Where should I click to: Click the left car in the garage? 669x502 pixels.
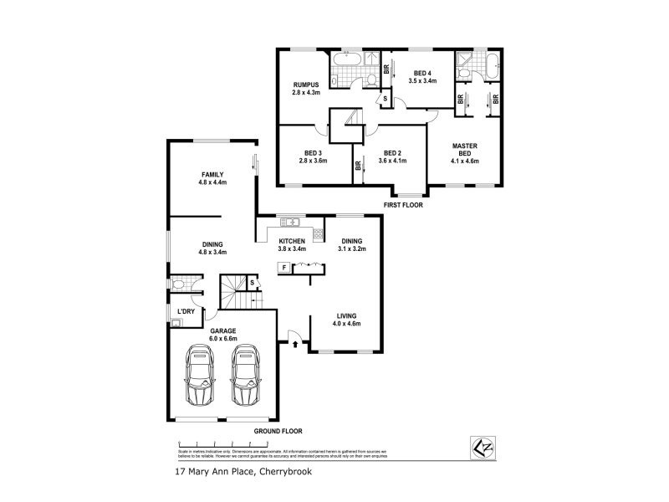pyautogui.click(x=201, y=375)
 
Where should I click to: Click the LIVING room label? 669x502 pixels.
pyautogui.click(x=346, y=319)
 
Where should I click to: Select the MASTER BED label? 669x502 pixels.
pyautogui.click(x=464, y=150)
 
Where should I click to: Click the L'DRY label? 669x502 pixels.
pyautogui.click(x=186, y=313)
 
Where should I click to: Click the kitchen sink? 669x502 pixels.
pyautogui.click(x=290, y=222)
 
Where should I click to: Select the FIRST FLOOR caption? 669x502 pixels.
pyautogui.click(x=403, y=205)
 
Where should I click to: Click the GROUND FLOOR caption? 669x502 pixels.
pyautogui.click(x=278, y=431)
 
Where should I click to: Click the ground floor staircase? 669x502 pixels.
pyautogui.click(x=237, y=294)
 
